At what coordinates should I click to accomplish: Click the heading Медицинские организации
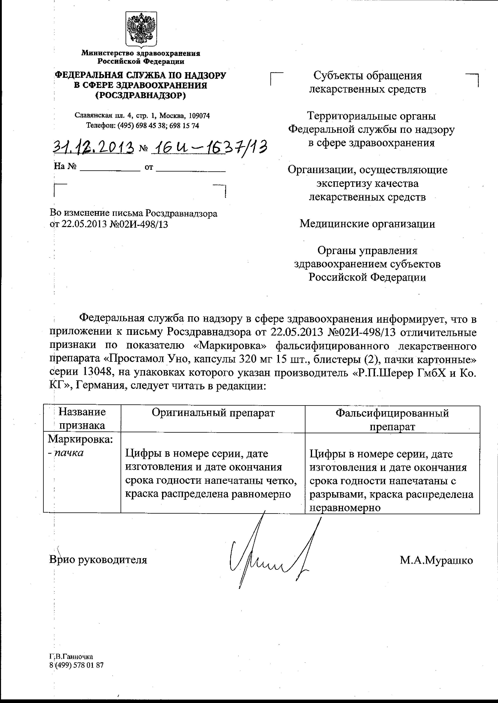(x=367, y=224)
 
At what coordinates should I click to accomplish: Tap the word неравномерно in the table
(x=345, y=508)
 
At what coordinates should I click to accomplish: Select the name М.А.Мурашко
(x=436, y=560)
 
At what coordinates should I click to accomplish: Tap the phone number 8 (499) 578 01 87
(x=76, y=665)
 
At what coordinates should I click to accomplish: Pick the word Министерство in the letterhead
(x=108, y=53)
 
